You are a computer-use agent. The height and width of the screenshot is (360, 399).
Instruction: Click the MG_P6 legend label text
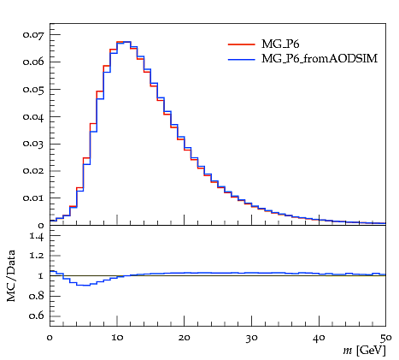[280, 44]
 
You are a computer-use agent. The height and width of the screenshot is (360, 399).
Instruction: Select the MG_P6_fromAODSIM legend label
[320, 59]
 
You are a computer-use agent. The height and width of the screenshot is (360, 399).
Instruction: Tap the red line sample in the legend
[242, 44]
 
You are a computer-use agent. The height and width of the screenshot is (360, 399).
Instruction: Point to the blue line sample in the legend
[242, 59]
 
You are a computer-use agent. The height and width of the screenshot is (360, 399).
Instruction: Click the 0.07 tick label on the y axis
[33, 35]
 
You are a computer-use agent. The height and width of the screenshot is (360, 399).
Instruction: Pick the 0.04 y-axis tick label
[33, 117]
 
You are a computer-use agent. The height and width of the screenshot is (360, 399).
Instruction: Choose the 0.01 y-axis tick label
[33, 198]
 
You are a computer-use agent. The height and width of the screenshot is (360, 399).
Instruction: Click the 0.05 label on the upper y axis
[33, 90]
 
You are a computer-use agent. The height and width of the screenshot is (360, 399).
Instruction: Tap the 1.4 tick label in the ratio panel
[37, 236]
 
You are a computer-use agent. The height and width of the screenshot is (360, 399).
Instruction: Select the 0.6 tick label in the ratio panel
[37, 316]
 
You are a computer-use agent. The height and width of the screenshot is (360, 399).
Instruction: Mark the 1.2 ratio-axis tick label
[37, 256]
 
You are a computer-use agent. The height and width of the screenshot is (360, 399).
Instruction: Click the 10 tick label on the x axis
[117, 338]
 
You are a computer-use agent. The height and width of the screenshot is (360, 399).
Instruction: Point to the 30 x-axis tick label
[251, 339]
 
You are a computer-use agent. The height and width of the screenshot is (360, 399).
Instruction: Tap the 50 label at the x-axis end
[385, 339]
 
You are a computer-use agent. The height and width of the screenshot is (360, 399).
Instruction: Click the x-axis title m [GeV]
[365, 351]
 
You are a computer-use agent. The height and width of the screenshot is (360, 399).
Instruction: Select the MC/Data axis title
[11, 275]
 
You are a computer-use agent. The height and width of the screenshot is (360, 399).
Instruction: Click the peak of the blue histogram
[124, 42]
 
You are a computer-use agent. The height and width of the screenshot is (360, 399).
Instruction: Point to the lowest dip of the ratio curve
[86, 285]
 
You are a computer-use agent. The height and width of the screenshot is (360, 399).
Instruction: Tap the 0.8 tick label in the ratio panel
[37, 296]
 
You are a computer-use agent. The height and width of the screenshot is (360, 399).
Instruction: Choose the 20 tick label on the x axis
[185, 338]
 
